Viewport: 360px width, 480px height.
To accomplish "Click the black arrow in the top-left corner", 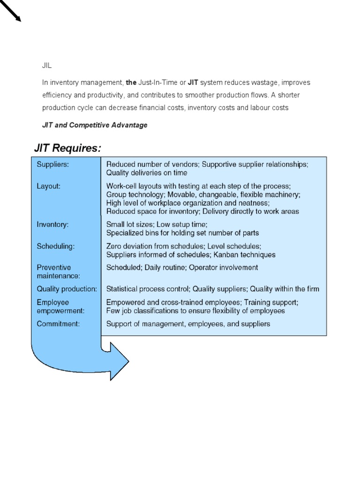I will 10,10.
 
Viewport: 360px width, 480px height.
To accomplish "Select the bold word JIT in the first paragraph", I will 193,82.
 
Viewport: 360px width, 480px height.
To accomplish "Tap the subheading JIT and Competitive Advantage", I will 95,125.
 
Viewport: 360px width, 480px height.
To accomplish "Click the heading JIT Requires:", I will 67,148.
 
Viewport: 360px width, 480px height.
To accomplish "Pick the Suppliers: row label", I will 52,165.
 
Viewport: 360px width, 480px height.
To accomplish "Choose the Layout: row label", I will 48,186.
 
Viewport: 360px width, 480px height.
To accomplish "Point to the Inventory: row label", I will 52,225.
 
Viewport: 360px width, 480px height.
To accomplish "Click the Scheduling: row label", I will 55,246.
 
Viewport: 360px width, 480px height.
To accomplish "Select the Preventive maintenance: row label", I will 59,272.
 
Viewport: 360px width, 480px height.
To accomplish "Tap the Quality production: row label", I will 67,289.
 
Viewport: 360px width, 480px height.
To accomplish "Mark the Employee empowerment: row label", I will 60,307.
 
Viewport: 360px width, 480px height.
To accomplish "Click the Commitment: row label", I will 58,324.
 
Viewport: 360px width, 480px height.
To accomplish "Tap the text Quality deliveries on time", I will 147,172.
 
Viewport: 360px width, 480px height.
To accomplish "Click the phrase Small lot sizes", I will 130,225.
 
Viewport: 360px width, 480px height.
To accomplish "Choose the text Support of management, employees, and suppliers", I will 188,324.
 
